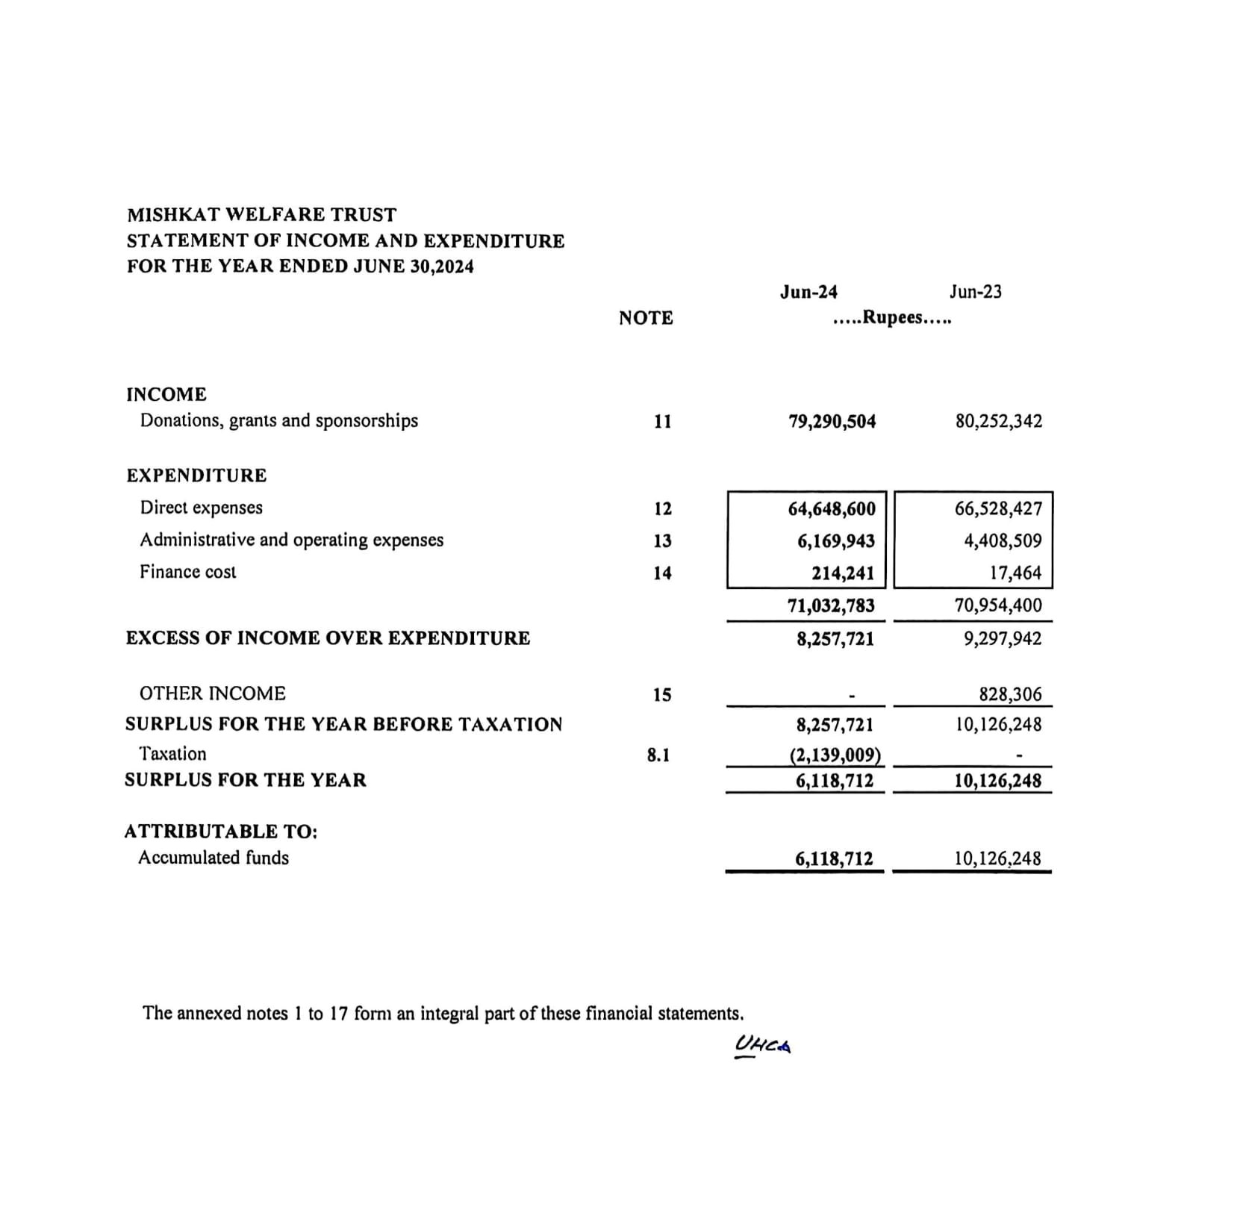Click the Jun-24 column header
click(x=808, y=292)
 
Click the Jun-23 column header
click(x=975, y=292)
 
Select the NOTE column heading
click(x=646, y=318)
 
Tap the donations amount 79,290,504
click(x=832, y=422)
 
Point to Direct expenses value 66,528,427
click(x=998, y=509)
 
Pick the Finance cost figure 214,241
click(x=843, y=573)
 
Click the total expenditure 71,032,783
click(x=831, y=605)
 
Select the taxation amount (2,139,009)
click(x=835, y=755)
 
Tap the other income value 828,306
click(x=1010, y=695)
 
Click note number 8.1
click(x=658, y=755)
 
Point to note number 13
click(x=662, y=541)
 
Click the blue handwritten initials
click(x=762, y=1045)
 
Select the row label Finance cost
click(x=188, y=572)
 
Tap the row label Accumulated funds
click(x=214, y=858)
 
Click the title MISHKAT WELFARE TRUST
click(x=261, y=215)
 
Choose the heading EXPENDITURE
click(x=196, y=476)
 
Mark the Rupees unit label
click(x=892, y=318)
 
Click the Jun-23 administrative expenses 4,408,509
click(x=1003, y=541)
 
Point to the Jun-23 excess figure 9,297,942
click(x=1002, y=639)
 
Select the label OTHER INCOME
click(x=213, y=693)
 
